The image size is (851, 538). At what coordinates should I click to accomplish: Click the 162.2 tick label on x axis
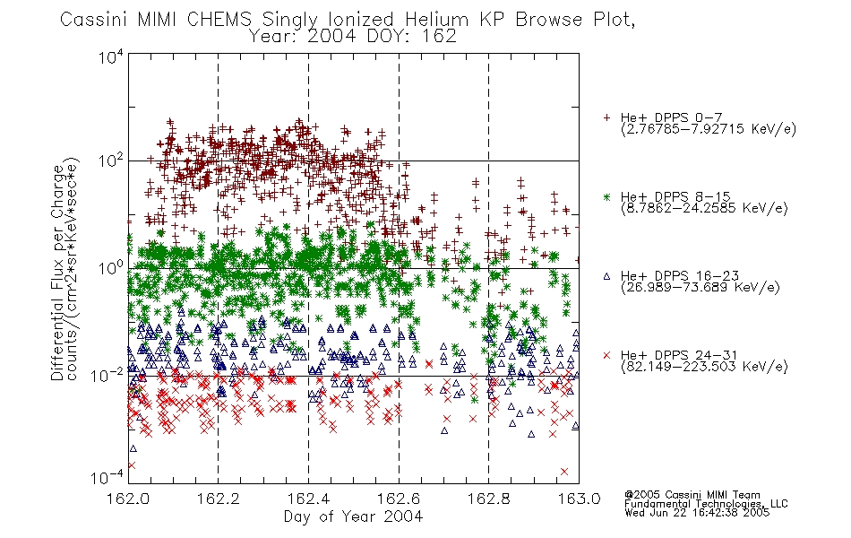pyautogui.click(x=219, y=499)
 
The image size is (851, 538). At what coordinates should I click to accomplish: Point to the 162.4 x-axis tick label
pyautogui.click(x=308, y=499)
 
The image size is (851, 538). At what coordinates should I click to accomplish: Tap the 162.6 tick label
pyautogui.click(x=399, y=499)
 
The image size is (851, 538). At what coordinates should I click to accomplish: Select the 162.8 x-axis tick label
pyautogui.click(x=488, y=499)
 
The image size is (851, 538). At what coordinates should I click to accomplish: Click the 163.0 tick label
pyautogui.click(x=579, y=499)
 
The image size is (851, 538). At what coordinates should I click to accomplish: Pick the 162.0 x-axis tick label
pyautogui.click(x=128, y=499)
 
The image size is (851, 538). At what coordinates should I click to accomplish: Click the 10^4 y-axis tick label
pyautogui.click(x=111, y=57)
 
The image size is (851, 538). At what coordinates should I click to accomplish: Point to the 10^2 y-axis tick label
pyautogui.click(x=111, y=161)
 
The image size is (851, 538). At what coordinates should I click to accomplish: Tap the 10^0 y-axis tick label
pyautogui.click(x=111, y=268)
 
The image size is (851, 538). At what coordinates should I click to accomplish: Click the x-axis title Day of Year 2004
pyautogui.click(x=353, y=516)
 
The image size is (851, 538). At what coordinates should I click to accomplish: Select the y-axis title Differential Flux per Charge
pyautogui.click(x=57, y=273)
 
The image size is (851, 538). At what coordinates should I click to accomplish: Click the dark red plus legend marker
pyautogui.click(x=606, y=117)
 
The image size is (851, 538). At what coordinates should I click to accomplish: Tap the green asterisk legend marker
pyautogui.click(x=606, y=197)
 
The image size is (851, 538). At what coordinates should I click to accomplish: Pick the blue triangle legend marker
pyautogui.click(x=606, y=276)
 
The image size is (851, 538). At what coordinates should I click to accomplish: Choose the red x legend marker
pyautogui.click(x=606, y=355)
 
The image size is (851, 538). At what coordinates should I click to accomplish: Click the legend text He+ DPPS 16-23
pyautogui.click(x=680, y=276)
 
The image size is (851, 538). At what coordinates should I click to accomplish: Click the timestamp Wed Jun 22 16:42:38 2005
pyautogui.click(x=697, y=513)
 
